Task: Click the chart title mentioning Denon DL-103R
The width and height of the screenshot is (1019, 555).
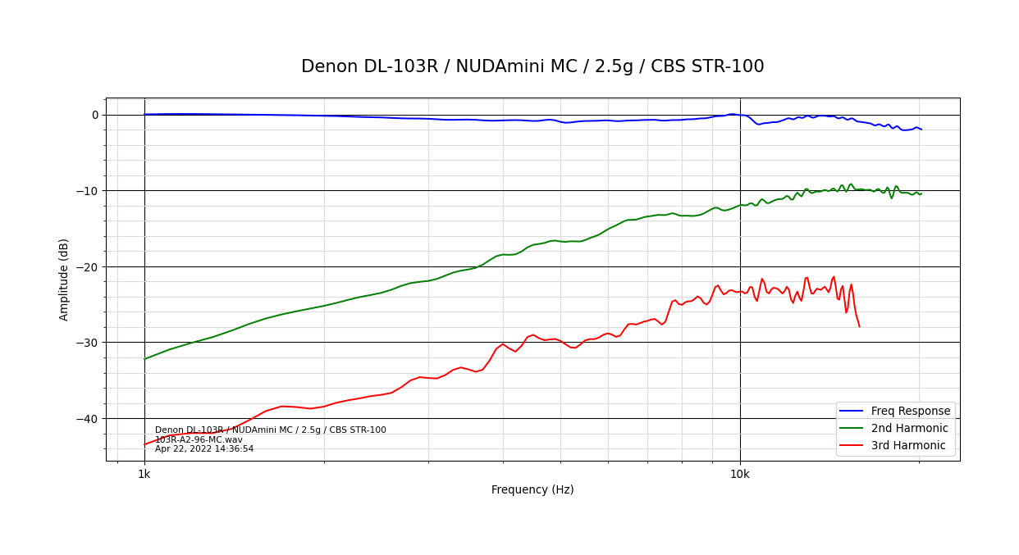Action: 532,67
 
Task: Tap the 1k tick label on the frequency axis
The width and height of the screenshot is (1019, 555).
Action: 144,475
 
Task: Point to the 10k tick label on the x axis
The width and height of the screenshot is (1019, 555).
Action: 740,475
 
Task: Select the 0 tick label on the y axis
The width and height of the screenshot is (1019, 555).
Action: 95,115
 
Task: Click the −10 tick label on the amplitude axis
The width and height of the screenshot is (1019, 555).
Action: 89,191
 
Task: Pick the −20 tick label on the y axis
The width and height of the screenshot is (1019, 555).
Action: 89,266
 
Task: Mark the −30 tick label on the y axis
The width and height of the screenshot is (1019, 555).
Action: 89,343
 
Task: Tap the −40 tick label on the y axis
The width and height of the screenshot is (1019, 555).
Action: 89,418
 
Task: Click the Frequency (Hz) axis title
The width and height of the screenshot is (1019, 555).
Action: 532,490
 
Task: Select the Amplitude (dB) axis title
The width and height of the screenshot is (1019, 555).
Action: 64,279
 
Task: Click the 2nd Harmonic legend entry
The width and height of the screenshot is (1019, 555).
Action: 909,429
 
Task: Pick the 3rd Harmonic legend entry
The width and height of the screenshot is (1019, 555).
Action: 908,446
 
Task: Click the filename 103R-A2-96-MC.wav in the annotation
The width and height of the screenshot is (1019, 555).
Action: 199,439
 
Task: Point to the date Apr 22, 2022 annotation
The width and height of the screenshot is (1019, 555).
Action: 204,449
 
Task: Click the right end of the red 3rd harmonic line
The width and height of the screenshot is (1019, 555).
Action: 859,327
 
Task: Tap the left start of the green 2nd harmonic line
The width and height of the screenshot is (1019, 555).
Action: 145,359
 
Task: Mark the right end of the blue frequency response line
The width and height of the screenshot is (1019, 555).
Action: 921,129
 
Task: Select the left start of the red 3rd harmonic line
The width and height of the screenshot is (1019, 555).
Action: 145,444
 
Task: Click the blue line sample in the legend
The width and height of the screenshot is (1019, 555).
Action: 853,412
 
